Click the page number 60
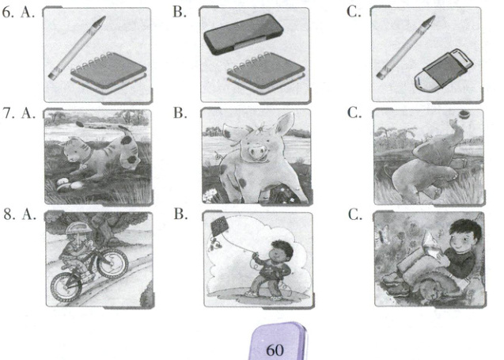275,350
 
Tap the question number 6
8,12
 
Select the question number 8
9,214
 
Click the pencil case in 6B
244,34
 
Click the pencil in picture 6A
77,47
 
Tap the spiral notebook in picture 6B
266,73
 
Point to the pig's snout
257,151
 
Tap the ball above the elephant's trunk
464,113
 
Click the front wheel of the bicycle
66,287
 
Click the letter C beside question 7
354,113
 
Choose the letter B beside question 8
180,214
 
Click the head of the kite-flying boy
282,250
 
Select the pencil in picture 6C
406,47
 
